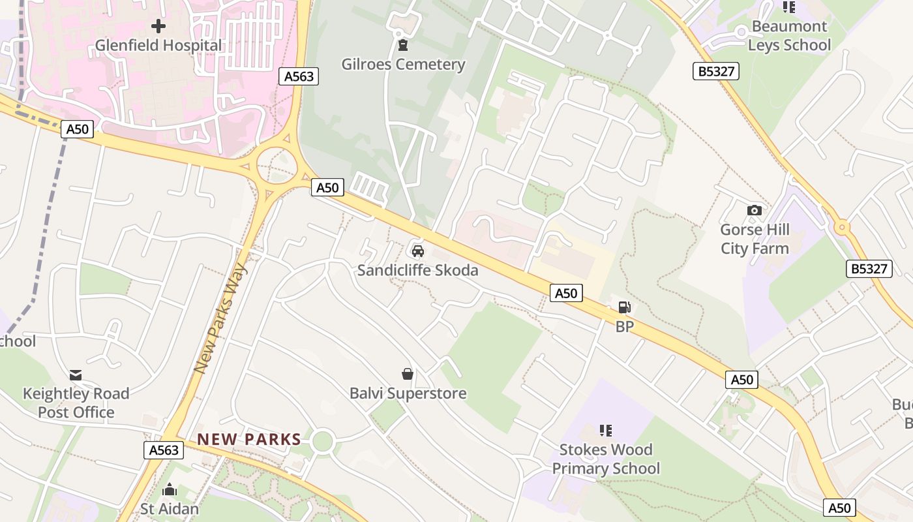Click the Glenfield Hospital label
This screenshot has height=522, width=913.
click(158, 46)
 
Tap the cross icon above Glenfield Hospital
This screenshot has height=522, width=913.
click(158, 27)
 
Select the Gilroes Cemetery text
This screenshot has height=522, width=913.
click(403, 64)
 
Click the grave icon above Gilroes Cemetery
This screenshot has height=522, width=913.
click(403, 45)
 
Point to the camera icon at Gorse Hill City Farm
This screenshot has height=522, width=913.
click(755, 210)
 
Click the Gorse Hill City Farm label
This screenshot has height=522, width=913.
click(755, 239)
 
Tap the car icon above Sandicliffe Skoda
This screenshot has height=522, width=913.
click(417, 251)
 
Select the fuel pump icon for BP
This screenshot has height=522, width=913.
click(624, 307)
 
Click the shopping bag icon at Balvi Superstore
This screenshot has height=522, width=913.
click(408, 374)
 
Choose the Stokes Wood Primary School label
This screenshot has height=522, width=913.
click(606, 459)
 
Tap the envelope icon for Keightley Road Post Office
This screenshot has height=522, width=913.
click(76, 375)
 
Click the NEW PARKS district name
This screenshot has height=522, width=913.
click(249, 439)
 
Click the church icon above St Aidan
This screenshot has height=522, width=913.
click(170, 489)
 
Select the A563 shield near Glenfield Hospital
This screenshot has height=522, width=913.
click(299, 76)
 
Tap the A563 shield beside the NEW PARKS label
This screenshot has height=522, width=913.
click(164, 450)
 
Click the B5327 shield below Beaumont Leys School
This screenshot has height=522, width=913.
click(716, 71)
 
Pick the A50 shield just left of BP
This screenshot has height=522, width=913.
click(565, 293)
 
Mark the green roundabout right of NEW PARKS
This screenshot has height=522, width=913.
click(322, 442)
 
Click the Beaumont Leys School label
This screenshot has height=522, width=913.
click(789, 36)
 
